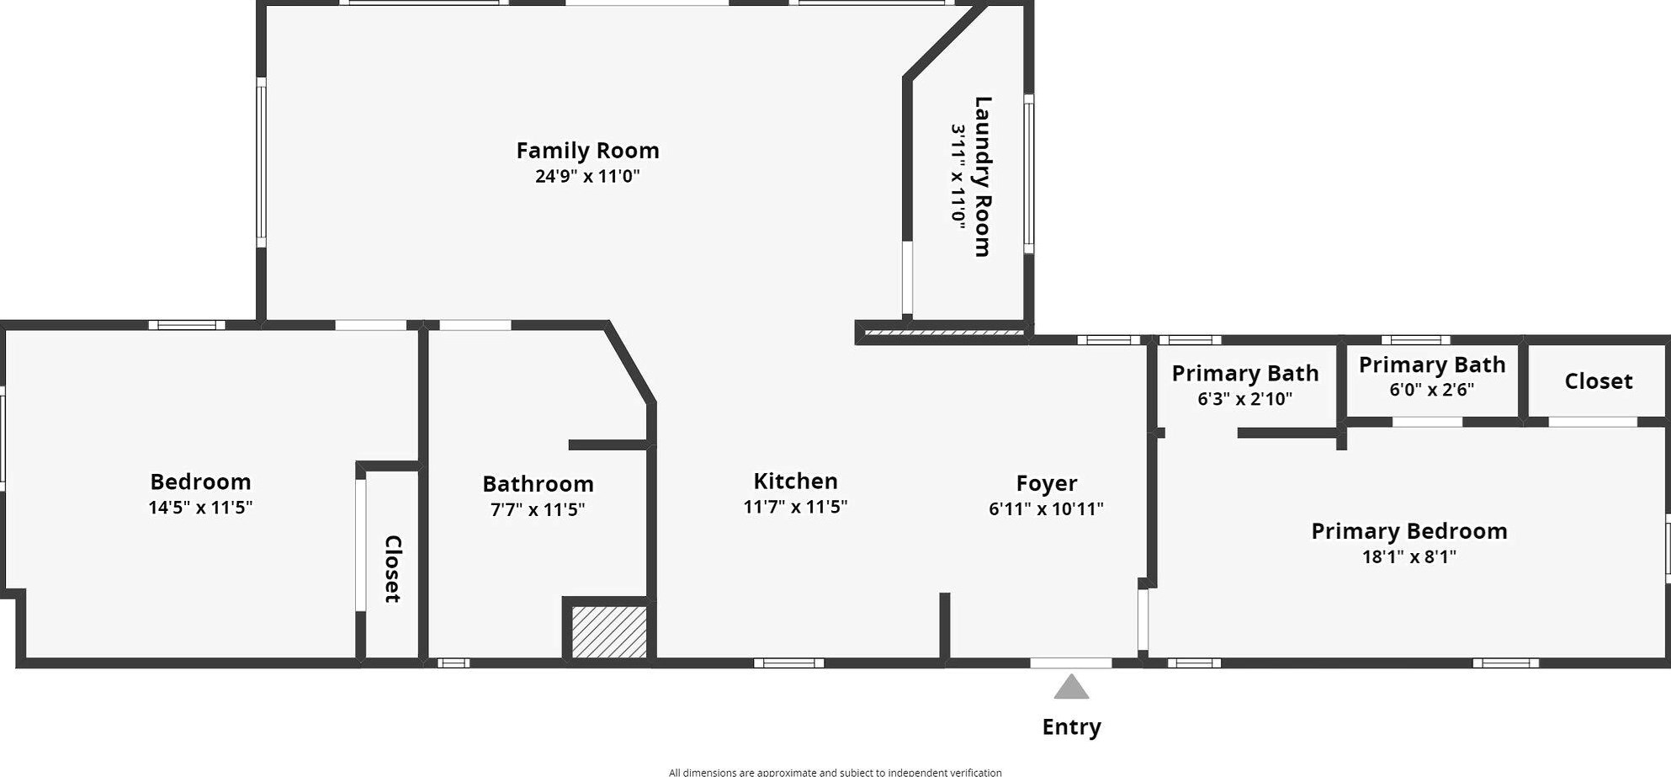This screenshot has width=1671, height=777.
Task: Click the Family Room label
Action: click(x=587, y=151)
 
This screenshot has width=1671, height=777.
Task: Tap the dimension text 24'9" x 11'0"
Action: click(x=587, y=176)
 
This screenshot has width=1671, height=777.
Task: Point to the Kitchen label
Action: click(x=795, y=482)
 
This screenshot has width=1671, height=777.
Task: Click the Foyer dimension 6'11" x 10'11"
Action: click(x=1046, y=508)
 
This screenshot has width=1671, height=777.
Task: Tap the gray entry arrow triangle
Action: click(x=1071, y=689)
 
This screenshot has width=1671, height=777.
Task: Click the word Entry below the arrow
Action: click(x=1071, y=726)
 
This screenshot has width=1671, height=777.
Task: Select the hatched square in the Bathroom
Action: click(x=609, y=632)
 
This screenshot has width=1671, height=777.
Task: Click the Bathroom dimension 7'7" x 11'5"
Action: click(x=538, y=509)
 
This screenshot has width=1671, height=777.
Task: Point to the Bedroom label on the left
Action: click(x=200, y=482)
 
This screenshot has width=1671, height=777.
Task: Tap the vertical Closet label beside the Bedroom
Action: click(x=392, y=568)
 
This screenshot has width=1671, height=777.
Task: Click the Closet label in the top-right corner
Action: click(x=1598, y=381)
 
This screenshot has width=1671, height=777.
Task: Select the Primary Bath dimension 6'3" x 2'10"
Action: click(x=1244, y=399)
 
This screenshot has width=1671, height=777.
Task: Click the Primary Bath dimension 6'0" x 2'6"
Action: click(x=1431, y=390)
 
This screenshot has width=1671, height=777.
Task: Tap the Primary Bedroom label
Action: click(x=1408, y=531)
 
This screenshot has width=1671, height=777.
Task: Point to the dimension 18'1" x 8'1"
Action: click(x=1408, y=556)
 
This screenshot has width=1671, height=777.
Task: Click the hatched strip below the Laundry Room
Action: click(x=943, y=333)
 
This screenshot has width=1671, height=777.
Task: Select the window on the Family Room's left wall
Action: click(x=262, y=162)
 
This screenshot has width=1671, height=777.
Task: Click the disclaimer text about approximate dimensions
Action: click(x=835, y=771)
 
